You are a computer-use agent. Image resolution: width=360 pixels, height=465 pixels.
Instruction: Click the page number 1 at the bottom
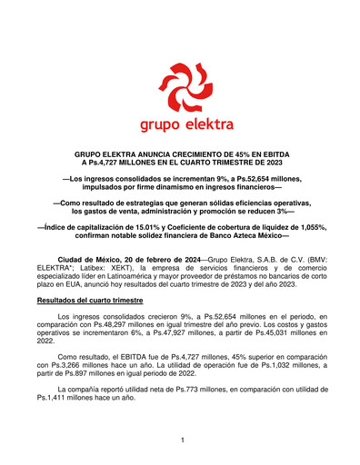pyautogui.click(x=182, y=440)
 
